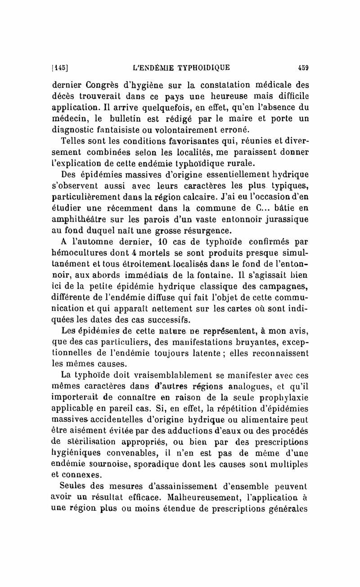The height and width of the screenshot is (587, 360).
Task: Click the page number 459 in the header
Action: click(302, 68)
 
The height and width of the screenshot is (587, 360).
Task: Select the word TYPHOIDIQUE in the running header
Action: click(203, 68)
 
